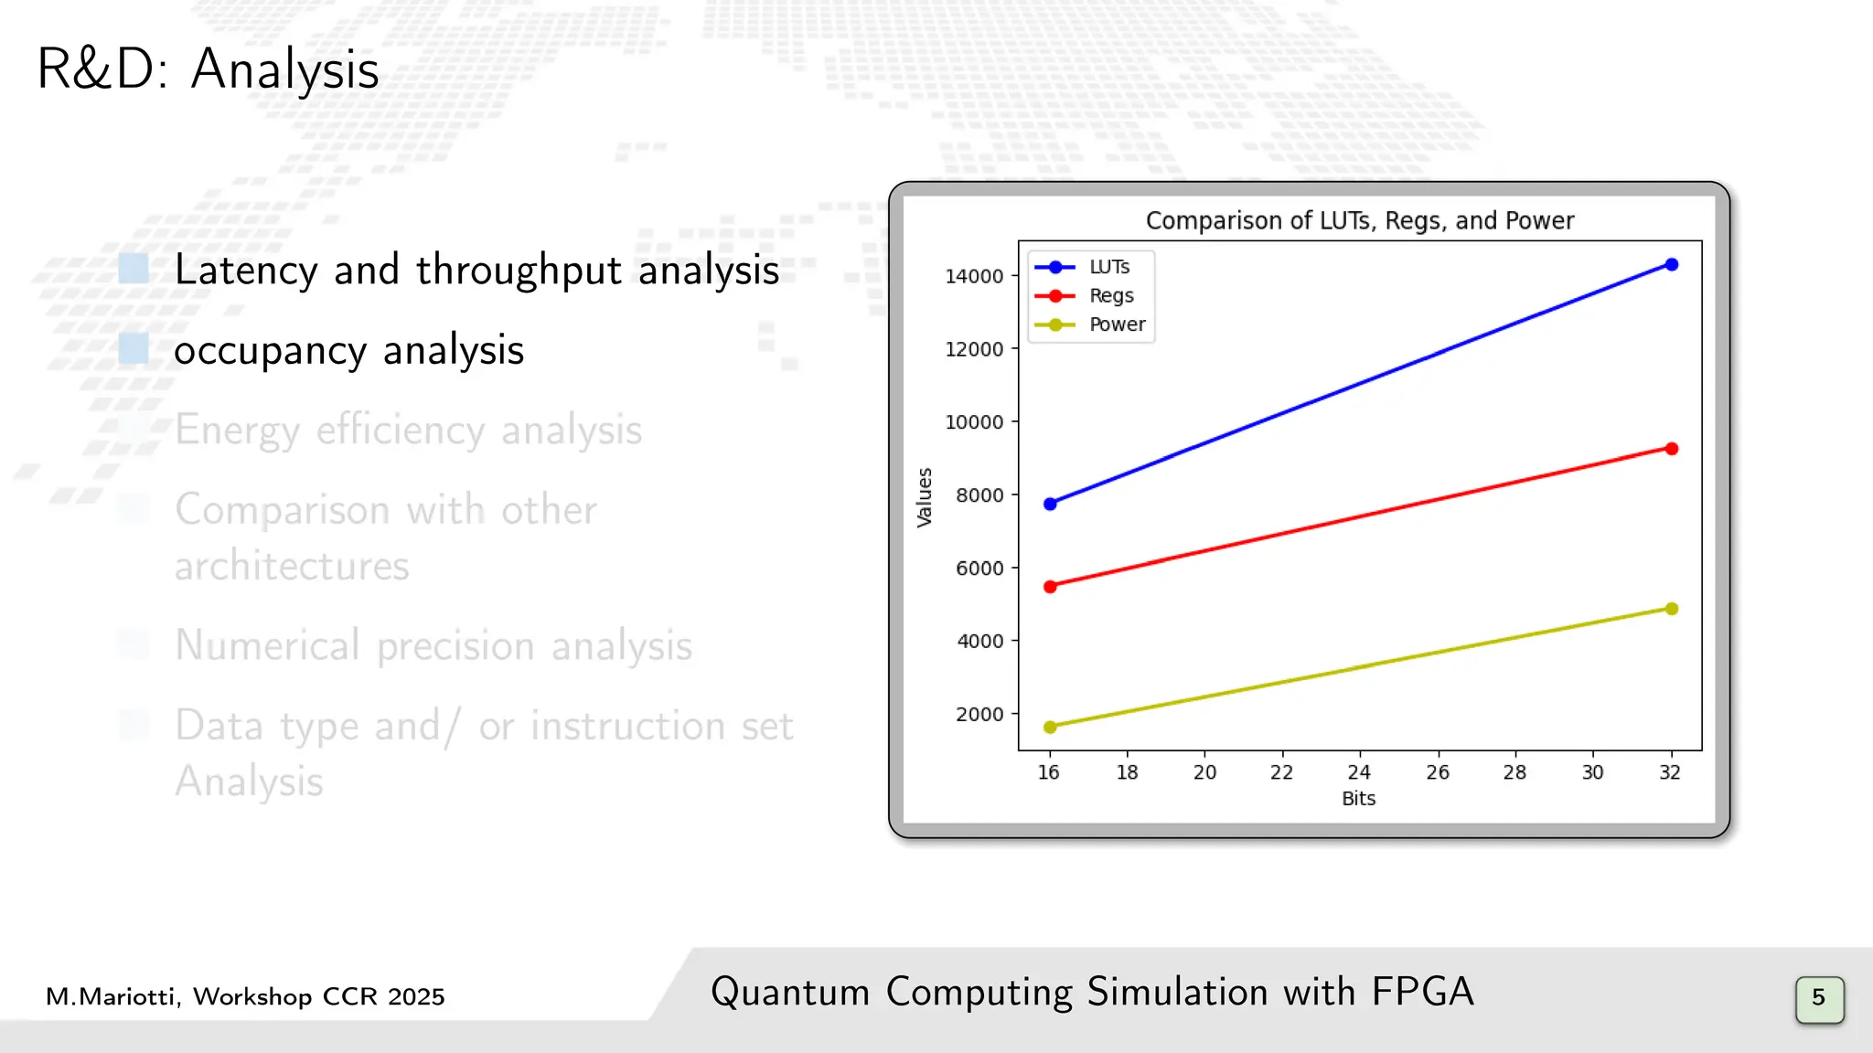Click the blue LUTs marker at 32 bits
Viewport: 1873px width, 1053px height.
pyautogui.click(x=1672, y=265)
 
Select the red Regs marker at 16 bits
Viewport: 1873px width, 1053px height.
pyautogui.click(x=1050, y=587)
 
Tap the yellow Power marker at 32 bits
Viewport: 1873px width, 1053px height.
pyautogui.click(x=1672, y=609)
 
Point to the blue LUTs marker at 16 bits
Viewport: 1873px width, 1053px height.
pyautogui.click(x=1050, y=504)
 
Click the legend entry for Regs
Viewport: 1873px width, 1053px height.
pyautogui.click(x=1110, y=296)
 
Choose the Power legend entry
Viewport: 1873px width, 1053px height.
pyautogui.click(x=1117, y=324)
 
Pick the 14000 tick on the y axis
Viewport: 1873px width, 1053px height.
pyautogui.click(x=974, y=276)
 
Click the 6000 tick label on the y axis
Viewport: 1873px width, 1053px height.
pyautogui.click(x=979, y=569)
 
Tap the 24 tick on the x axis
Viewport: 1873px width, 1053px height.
pyautogui.click(x=1359, y=772)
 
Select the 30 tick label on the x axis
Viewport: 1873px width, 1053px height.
pyautogui.click(x=1592, y=772)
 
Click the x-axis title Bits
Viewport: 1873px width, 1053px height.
pyautogui.click(x=1358, y=799)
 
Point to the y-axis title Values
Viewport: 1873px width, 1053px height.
pyautogui.click(x=925, y=497)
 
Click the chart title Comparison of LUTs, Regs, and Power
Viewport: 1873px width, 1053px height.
pyautogui.click(x=1359, y=221)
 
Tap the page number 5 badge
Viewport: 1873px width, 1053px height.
pyautogui.click(x=1818, y=998)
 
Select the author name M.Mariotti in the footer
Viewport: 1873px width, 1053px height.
pyautogui.click(x=112, y=997)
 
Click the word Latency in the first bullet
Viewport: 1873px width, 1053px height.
pyautogui.click(x=246, y=271)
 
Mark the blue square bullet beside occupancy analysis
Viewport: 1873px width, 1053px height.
pyautogui.click(x=134, y=348)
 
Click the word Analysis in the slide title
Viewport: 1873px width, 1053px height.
pyautogui.click(x=284, y=70)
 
